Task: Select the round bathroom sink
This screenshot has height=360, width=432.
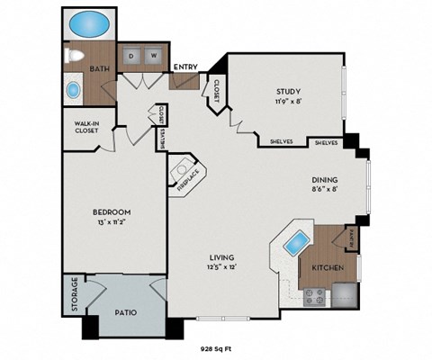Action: (73, 91)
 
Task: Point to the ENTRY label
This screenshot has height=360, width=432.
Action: (185, 66)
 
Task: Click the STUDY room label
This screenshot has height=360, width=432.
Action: (288, 91)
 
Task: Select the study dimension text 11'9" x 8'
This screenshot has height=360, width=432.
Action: (288, 102)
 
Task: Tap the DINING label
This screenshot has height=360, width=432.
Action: (325, 179)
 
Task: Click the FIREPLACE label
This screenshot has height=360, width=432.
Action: (187, 180)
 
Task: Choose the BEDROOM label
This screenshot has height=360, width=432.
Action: (112, 212)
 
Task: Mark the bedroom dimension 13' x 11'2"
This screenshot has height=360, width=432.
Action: (112, 223)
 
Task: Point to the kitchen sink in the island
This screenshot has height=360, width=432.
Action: (292, 240)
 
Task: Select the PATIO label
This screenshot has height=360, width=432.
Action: (126, 313)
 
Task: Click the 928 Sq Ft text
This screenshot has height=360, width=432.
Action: (215, 346)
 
